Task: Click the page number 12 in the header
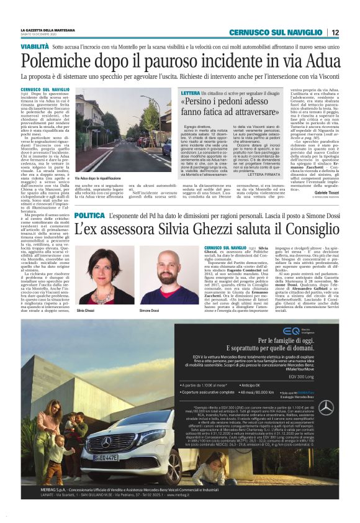point(335,32)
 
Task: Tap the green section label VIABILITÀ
point(34,47)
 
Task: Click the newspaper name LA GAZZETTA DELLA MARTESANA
point(47,29)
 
